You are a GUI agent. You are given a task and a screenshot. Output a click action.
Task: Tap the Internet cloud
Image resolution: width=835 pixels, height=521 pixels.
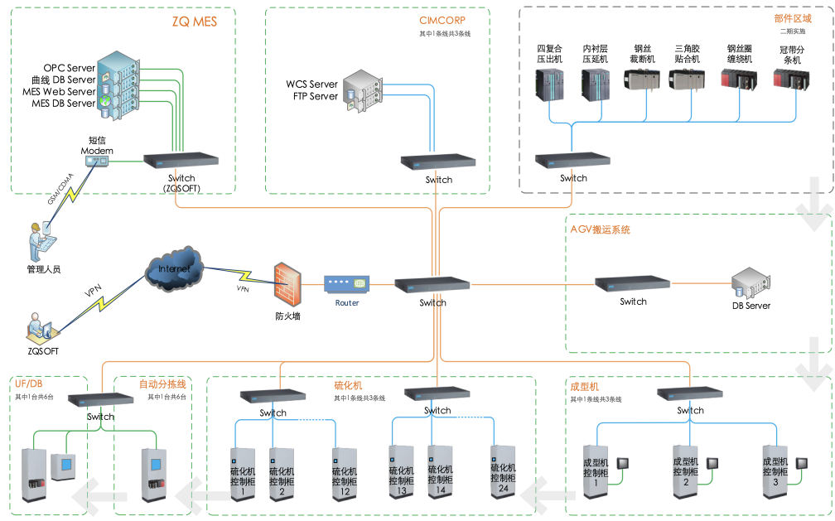(x=173, y=272)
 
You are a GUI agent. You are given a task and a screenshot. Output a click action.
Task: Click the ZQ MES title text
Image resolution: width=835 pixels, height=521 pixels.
(x=194, y=22)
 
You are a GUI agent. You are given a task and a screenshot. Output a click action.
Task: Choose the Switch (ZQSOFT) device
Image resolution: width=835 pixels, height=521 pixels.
(x=181, y=161)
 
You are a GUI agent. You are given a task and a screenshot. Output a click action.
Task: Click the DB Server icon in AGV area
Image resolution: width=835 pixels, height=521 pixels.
(x=751, y=283)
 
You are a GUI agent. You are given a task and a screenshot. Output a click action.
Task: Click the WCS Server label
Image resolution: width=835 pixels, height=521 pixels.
(x=312, y=84)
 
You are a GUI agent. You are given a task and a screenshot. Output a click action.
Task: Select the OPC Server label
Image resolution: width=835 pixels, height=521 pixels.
(x=70, y=67)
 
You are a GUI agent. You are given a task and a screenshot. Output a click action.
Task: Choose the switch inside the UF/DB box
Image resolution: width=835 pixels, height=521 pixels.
(x=100, y=398)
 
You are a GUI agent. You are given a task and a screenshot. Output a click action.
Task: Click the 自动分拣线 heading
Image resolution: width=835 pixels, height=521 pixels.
(x=162, y=384)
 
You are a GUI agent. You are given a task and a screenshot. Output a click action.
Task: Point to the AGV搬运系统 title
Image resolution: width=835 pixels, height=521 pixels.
(x=601, y=229)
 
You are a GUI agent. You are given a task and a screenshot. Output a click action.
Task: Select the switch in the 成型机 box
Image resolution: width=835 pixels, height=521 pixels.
(x=690, y=393)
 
